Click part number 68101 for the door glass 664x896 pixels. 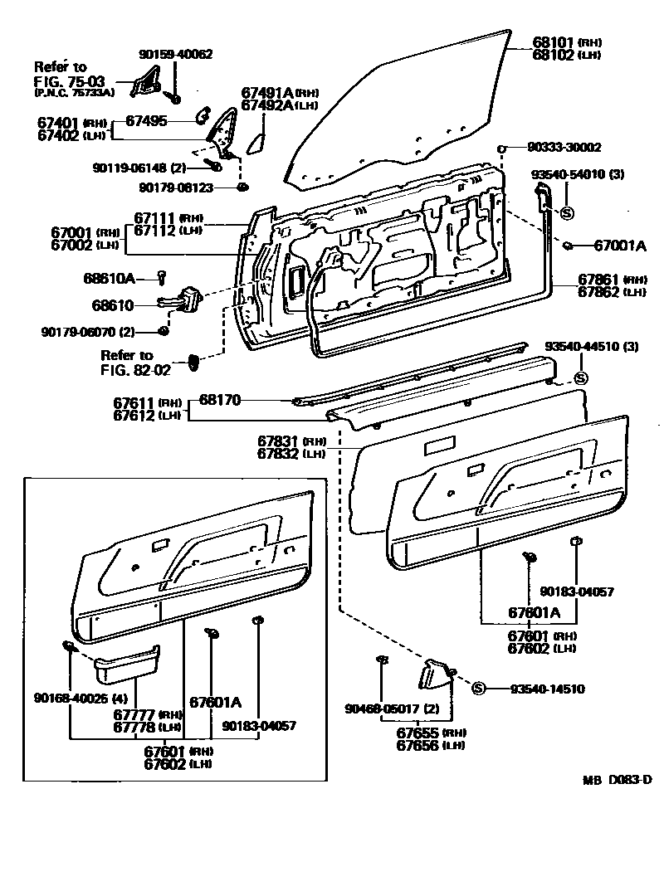pos(554,41)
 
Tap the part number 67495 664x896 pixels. pos(146,121)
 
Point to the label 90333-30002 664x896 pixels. pos(564,147)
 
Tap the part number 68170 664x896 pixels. pos(220,400)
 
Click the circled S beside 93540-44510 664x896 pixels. pos(581,378)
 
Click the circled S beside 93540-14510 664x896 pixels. pos(478,689)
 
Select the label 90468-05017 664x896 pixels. pos(381,709)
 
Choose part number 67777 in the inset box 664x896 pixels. pos(134,714)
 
